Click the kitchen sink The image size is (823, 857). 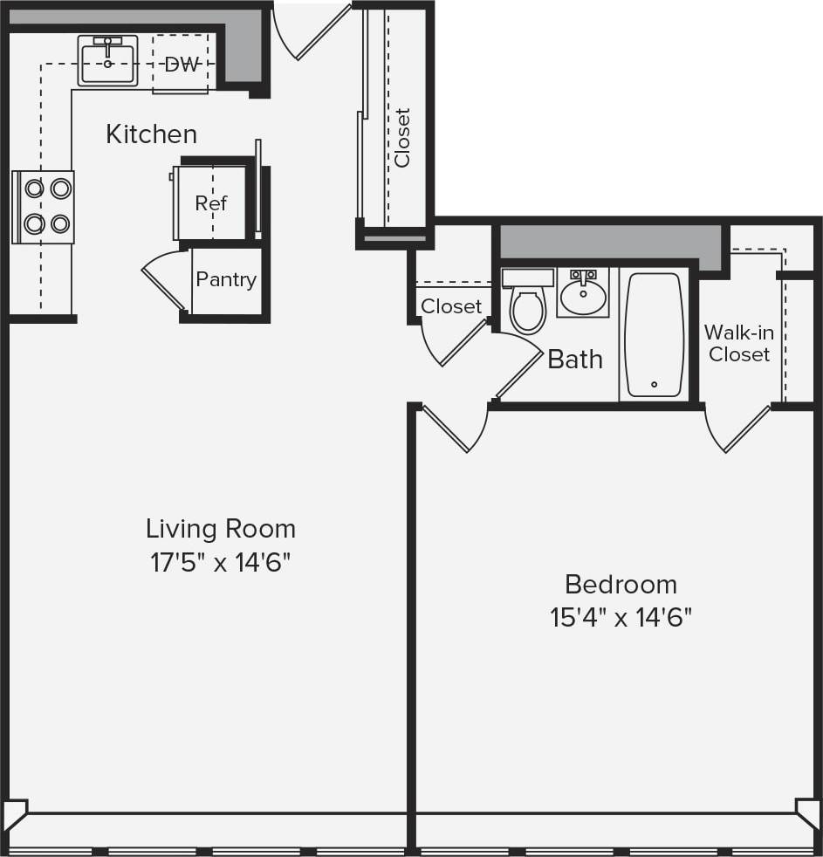point(107,61)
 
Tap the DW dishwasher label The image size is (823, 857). point(182,65)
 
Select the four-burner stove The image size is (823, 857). point(44,207)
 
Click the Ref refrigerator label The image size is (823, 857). point(210,203)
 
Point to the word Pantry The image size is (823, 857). point(226,280)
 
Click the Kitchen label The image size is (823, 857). point(151,134)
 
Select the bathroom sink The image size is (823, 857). point(583,294)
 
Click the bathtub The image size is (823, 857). point(655,335)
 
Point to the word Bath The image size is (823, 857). point(575,359)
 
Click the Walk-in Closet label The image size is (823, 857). point(738,343)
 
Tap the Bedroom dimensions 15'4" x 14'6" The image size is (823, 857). point(621,618)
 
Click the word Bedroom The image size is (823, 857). point(621,584)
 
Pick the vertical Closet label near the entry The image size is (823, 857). point(402,137)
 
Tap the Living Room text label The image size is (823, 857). point(220,529)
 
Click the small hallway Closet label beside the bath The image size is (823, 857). point(451,306)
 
